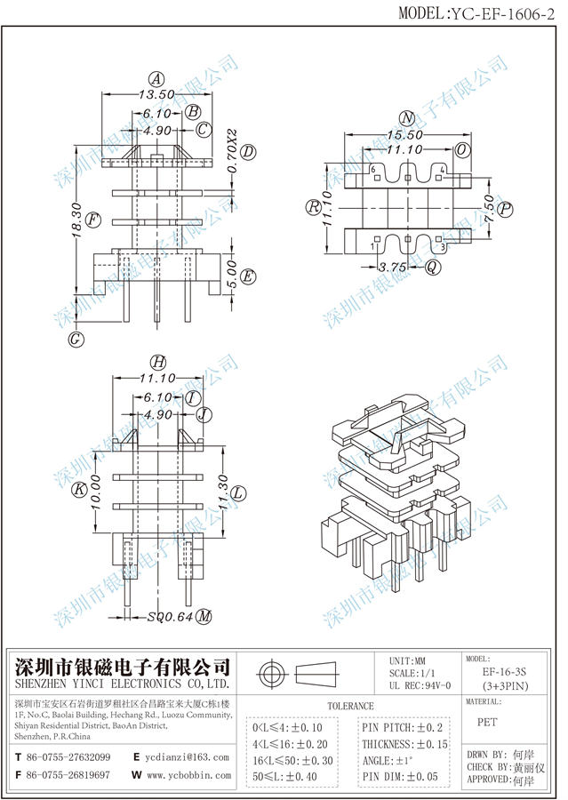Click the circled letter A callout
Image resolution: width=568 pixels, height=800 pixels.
(x=156, y=77)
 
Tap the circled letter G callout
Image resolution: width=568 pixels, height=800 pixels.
(x=76, y=338)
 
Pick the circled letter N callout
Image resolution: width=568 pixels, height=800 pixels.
(x=406, y=118)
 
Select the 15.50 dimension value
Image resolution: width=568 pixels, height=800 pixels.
(x=405, y=134)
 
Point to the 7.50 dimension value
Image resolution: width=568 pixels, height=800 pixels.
(x=488, y=209)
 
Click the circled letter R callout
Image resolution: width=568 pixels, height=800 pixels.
(x=313, y=208)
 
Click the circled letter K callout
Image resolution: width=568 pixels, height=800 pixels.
(x=78, y=488)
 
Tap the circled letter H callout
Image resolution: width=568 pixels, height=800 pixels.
(x=157, y=362)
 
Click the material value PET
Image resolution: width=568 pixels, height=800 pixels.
(x=487, y=723)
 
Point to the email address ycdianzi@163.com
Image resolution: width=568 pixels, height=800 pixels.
(x=188, y=757)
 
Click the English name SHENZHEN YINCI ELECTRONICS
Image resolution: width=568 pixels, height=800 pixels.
(x=123, y=686)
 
